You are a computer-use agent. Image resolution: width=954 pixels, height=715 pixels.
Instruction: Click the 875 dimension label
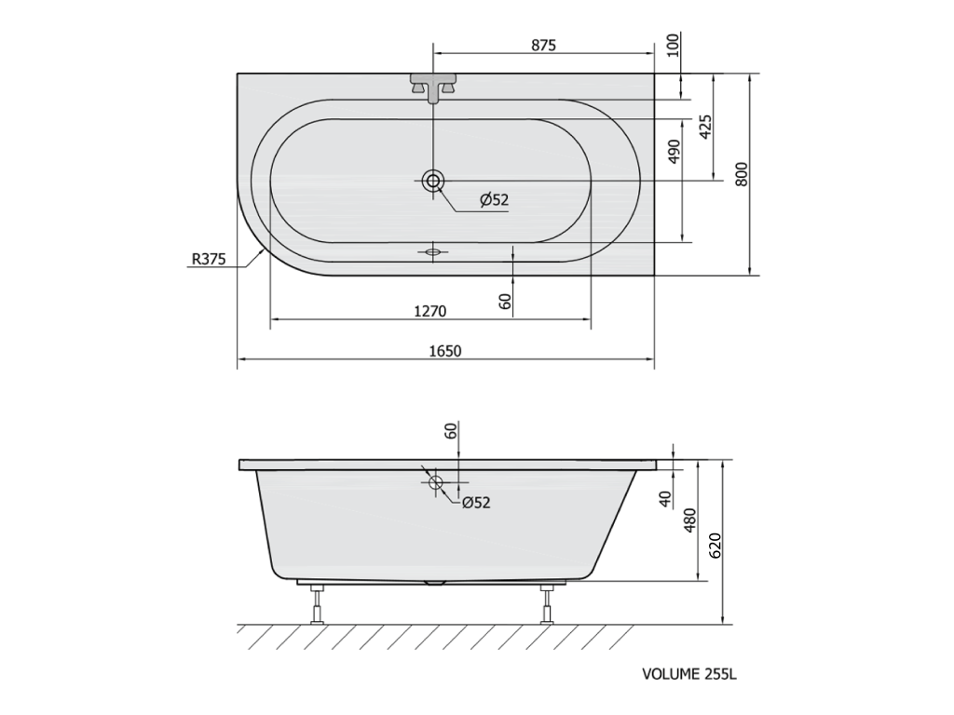[543, 45]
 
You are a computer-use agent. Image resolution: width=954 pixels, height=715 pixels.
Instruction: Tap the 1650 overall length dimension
[445, 351]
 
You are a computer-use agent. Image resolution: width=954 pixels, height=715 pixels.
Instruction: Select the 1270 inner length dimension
[430, 311]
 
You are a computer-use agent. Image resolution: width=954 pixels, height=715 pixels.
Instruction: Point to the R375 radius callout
[209, 259]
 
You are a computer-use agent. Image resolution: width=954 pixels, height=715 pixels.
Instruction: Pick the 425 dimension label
[706, 127]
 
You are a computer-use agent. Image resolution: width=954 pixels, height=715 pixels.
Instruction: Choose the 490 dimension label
[674, 152]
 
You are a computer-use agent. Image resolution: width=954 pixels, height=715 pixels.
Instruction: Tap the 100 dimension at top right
[673, 45]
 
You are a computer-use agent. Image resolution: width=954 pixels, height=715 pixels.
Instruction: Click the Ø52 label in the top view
[494, 199]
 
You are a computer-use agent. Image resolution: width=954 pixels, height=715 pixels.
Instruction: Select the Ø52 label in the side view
[476, 502]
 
